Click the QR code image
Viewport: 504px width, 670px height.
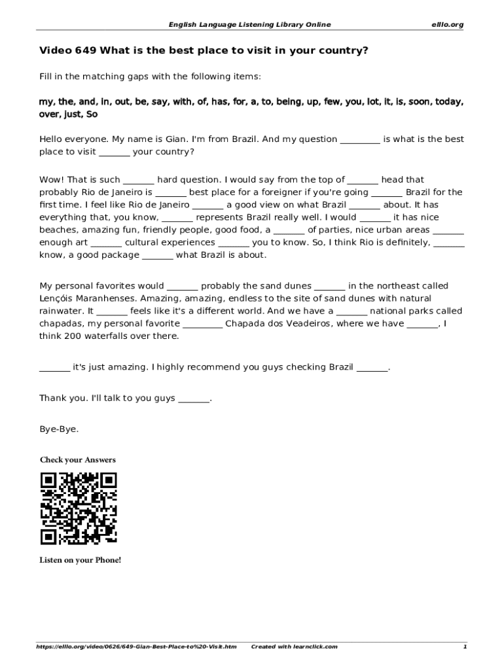[79, 508]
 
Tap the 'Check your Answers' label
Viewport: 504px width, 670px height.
[77, 460]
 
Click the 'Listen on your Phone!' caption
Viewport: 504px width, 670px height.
[80, 560]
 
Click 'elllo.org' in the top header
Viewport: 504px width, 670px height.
[447, 25]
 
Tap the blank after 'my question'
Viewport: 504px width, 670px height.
[360, 140]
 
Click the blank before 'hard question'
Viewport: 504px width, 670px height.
[138, 180]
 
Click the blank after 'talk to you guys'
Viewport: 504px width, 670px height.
[194, 398]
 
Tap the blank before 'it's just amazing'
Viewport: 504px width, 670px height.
[54, 368]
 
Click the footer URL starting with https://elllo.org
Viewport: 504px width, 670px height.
[135, 646]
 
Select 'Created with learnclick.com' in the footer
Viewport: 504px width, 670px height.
[294, 646]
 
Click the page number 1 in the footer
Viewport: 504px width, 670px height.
[464, 646]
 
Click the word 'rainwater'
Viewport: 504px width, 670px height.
[62, 311]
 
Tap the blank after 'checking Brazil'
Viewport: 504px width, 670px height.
[372, 368]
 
